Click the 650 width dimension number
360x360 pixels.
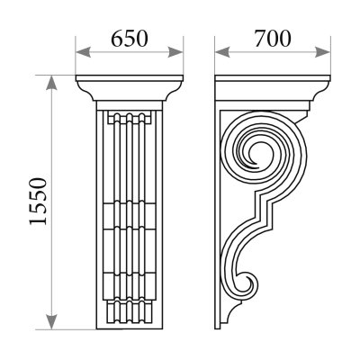tap(130, 39)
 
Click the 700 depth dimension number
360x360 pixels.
tap(273, 39)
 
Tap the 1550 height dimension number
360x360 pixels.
tap(39, 202)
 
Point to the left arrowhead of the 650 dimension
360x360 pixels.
tap(84, 51)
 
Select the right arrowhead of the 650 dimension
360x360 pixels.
tap(175, 51)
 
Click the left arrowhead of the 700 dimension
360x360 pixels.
tap(222, 51)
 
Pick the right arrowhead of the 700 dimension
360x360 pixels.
tap(322, 51)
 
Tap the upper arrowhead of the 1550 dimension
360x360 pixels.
tap(52, 83)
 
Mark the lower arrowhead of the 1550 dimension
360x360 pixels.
tap(52, 322)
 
